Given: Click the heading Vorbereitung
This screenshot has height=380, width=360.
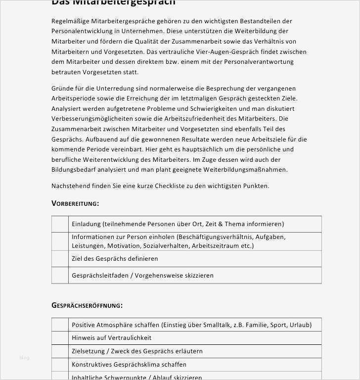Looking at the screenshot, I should point(75,203).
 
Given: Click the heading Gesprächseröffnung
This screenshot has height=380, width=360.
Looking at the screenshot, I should point(87,305).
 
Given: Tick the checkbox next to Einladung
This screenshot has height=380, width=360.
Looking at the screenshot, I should point(60,224).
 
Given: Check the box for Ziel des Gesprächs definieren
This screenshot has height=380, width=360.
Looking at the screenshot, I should point(60,259).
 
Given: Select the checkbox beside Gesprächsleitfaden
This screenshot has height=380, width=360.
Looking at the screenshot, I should point(60,275).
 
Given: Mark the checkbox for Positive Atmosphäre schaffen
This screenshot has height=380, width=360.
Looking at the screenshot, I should point(60,325).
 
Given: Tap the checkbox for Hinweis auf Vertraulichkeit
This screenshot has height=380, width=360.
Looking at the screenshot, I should point(60,338).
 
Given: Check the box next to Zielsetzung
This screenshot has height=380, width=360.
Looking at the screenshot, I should point(60,351).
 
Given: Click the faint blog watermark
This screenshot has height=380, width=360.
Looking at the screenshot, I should point(25,357).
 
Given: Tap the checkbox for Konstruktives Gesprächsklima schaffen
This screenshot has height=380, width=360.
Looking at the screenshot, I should point(60,364).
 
